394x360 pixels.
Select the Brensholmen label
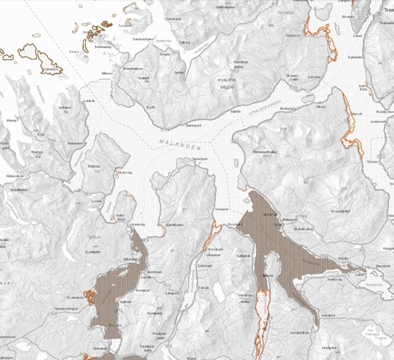(132, 69)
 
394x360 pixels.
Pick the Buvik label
(149, 105)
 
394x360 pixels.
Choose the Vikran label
(321, 105)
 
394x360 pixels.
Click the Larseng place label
(313, 77)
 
